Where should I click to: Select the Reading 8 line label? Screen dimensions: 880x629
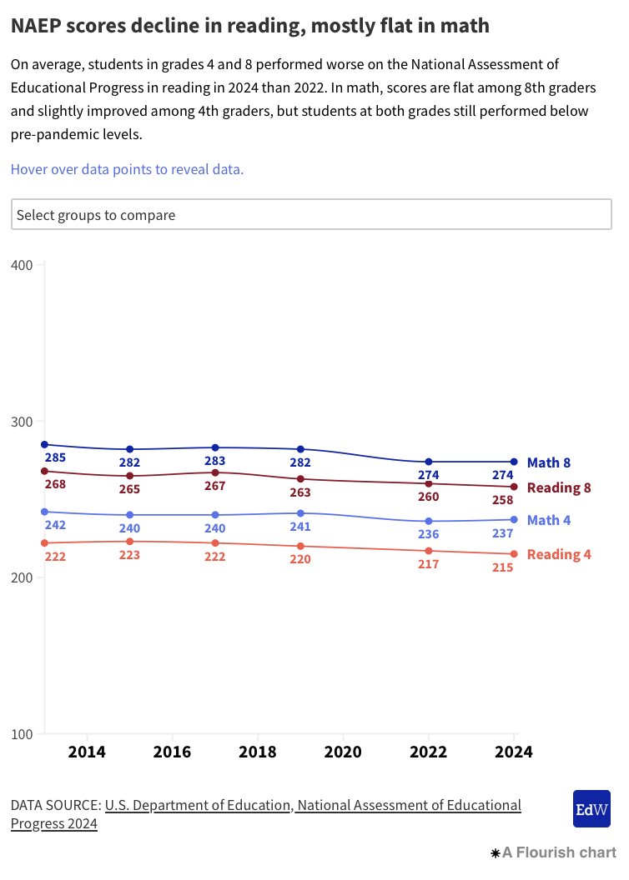click(558, 487)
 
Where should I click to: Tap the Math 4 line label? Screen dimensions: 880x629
click(548, 520)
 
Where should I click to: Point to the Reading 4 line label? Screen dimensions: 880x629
click(558, 554)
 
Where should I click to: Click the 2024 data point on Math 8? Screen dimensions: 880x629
click(514, 462)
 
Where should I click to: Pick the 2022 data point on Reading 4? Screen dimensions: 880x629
click(429, 551)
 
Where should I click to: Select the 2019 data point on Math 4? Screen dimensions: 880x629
click(300, 513)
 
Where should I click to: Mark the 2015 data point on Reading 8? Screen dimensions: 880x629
click(130, 476)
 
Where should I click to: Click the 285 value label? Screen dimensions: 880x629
click(55, 457)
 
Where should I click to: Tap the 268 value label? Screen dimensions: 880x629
click(55, 484)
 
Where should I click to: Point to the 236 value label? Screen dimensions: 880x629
click(429, 534)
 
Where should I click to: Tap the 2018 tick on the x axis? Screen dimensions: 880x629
click(257, 752)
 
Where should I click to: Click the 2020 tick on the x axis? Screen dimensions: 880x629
click(342, 752)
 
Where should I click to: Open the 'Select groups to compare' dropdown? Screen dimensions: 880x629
click(311, 214)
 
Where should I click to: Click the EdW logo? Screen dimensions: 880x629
click(591, 808)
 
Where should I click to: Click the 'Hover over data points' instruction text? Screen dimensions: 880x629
click(127, 169)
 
